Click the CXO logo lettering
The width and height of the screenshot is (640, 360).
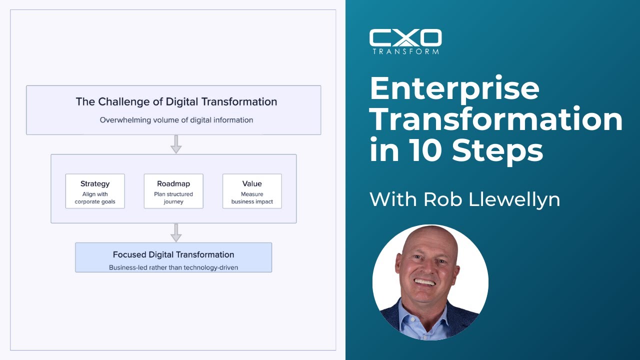(405, 37)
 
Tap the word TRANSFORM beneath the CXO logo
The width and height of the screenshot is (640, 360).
(405, 50)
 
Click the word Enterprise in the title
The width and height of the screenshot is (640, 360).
(454, 89)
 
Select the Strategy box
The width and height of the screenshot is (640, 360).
(95, 191)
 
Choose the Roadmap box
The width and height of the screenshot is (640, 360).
(173, 191)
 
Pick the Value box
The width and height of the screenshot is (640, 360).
(252, 191)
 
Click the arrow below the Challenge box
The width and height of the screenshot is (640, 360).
(175, 143)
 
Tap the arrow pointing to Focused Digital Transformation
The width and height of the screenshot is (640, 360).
(175, 232)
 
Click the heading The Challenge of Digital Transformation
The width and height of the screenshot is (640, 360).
(176, 102)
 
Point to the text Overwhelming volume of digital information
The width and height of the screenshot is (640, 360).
(176, 120)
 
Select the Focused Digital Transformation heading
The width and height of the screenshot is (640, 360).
(173, 254)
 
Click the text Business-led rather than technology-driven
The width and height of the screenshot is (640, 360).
(173, 267)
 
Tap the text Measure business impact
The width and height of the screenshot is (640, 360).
(252, 198)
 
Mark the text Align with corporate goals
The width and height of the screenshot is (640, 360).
(95, 198)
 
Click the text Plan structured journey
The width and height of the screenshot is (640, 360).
(173, 198)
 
